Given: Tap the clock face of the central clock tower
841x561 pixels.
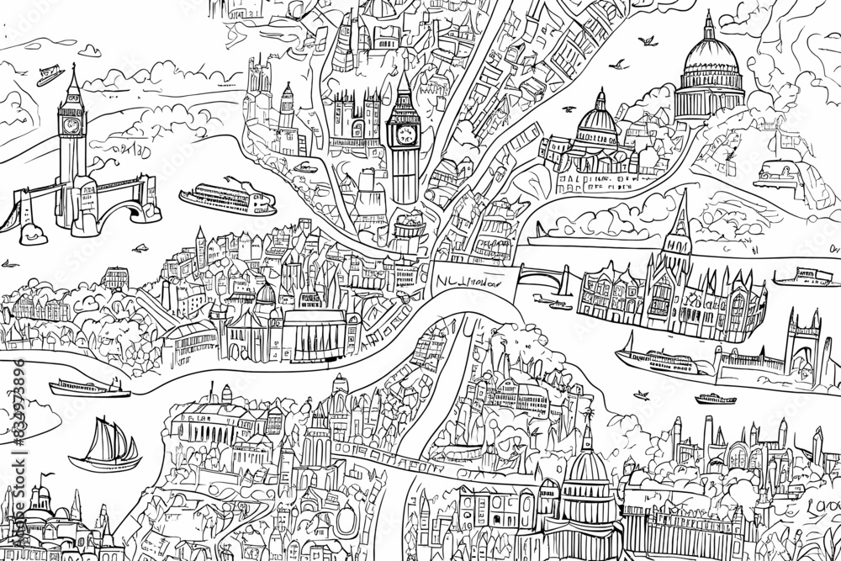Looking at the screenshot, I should point(404,134).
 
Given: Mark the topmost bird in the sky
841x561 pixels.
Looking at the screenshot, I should point(648,40).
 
